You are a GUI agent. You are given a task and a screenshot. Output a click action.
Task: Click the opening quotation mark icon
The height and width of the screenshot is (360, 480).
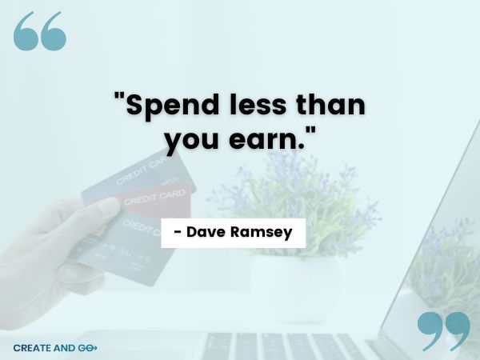pos(39,32)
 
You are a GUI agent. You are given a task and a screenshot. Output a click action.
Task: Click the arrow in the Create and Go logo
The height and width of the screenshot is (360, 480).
pos(93,348)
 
